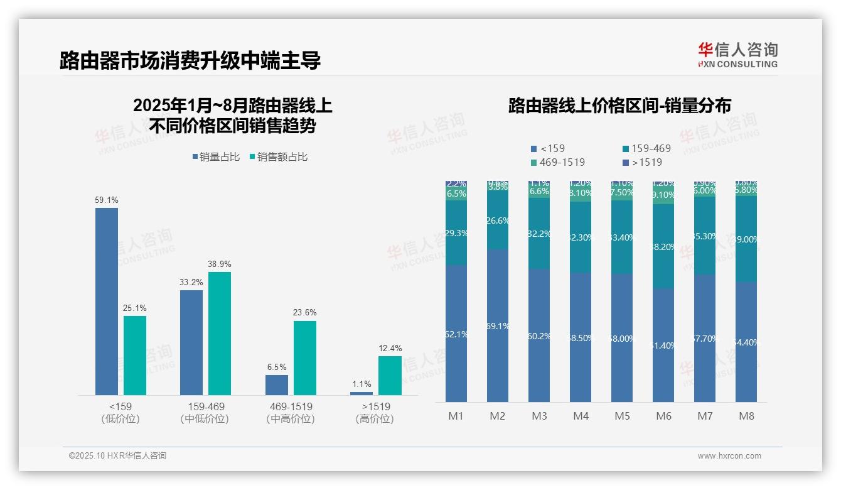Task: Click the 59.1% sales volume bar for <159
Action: [x=107, y=302]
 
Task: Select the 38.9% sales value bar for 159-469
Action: [x=220, y=334]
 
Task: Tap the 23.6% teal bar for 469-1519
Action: [x=305, y=358]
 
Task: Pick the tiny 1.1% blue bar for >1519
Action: [x=362, y=393]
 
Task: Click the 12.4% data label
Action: [x=390, y=348]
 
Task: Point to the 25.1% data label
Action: [x=135, y=308]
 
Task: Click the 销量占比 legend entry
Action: [x=216, y=157]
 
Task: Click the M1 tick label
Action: [x=456, y=416]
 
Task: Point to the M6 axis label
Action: [x=663, y=416]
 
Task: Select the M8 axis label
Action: [x=746, y=416]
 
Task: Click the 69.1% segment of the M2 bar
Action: [x=498, y=325]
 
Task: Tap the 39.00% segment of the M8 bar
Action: [x=746, y=239]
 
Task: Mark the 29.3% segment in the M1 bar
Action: [x=456, y=233]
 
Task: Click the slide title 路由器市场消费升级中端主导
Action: [x=190, y=60]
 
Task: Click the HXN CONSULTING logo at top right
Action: [x=737, y=55]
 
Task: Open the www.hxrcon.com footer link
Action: [x=729, y=456]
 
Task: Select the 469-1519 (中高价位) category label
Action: [x=290, y=412]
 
